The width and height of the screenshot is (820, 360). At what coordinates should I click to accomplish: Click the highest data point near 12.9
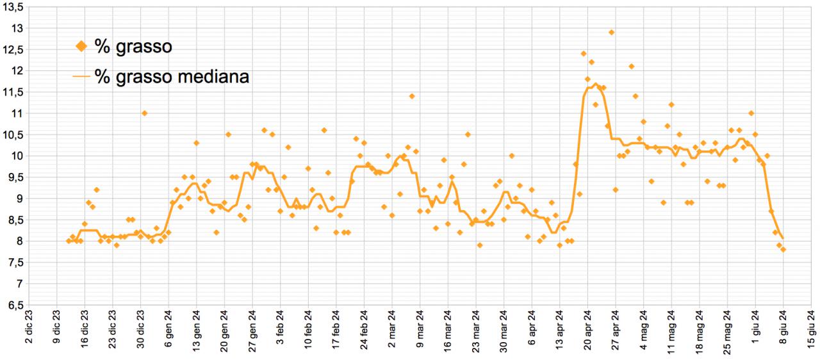coord(612,33)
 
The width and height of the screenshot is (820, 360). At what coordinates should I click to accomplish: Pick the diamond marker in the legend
coord(81,45)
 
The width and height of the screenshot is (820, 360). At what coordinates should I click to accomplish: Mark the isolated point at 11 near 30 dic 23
coord(145,113)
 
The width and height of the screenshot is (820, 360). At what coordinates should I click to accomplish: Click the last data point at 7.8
coord(783,249)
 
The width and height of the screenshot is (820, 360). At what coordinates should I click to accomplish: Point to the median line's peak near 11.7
coord(596,84)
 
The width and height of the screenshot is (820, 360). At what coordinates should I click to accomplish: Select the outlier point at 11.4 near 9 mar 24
coord(412,96)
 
